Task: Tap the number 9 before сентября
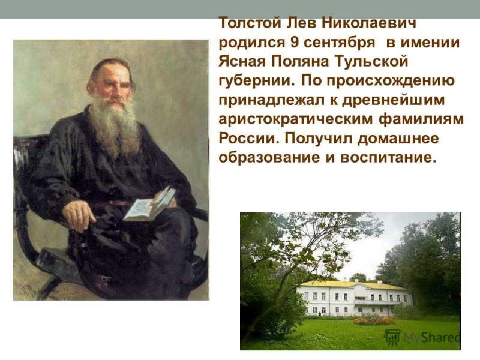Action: coord(295,42)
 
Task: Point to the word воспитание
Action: coord(388,158)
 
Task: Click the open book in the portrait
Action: coord(149,204)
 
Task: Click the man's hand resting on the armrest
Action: coord(79,215)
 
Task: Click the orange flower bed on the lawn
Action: coord(374,320)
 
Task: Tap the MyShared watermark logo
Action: coord(422,338)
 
